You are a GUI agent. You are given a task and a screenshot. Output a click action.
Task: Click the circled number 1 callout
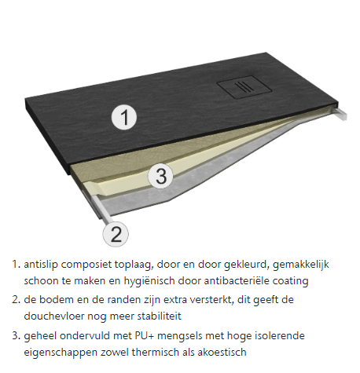124,117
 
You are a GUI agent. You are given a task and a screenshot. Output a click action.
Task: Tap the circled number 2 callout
116,234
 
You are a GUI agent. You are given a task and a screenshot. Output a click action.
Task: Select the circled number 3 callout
160,175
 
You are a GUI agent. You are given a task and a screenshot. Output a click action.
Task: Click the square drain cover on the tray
244,87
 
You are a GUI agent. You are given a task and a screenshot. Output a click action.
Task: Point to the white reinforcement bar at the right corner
340,114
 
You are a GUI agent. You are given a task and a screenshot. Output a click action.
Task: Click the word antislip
41,265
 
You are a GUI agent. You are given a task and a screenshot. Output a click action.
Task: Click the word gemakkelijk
300,265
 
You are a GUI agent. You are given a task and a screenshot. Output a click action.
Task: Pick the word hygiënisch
149,281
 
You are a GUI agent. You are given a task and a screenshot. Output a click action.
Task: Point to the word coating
291,281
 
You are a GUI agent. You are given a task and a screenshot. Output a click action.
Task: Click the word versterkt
211,300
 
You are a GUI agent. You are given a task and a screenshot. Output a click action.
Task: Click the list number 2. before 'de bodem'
16,300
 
